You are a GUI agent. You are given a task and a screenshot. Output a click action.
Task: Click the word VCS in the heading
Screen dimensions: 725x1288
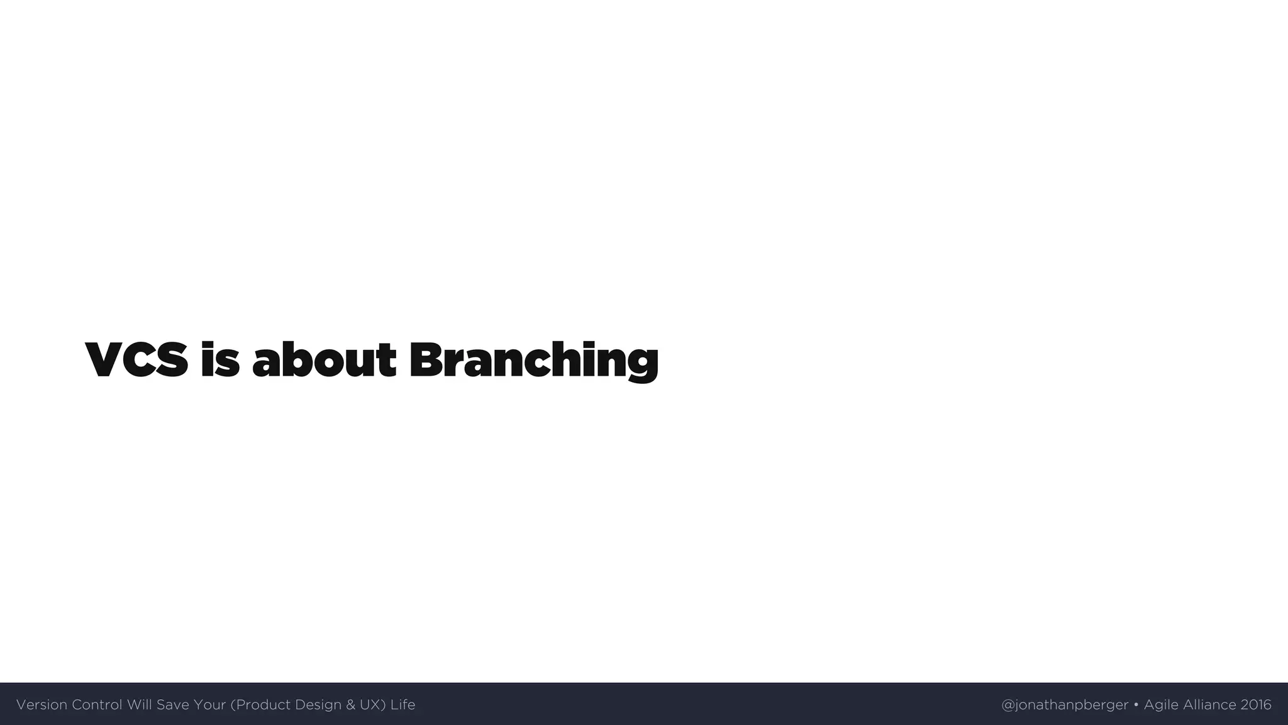136,360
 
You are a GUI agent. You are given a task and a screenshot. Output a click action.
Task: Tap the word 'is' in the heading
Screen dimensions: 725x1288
220,360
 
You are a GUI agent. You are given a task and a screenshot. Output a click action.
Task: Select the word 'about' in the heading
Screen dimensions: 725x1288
324,360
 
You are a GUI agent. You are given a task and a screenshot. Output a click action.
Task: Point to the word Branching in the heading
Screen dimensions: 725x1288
533,361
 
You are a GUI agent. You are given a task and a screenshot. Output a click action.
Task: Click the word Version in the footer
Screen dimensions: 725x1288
42,705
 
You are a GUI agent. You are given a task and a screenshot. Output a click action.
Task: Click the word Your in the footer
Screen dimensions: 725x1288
209,705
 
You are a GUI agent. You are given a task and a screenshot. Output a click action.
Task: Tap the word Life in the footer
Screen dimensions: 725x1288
402,705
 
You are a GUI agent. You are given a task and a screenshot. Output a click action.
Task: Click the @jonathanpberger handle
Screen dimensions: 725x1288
1065,705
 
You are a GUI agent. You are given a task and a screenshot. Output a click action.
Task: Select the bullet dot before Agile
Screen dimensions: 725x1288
1136,705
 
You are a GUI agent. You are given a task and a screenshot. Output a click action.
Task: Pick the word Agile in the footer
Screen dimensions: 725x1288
1161,705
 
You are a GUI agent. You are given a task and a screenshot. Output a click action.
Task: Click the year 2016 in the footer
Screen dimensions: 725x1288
1256,705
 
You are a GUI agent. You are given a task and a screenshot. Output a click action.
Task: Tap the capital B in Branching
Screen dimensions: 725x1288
425,360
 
